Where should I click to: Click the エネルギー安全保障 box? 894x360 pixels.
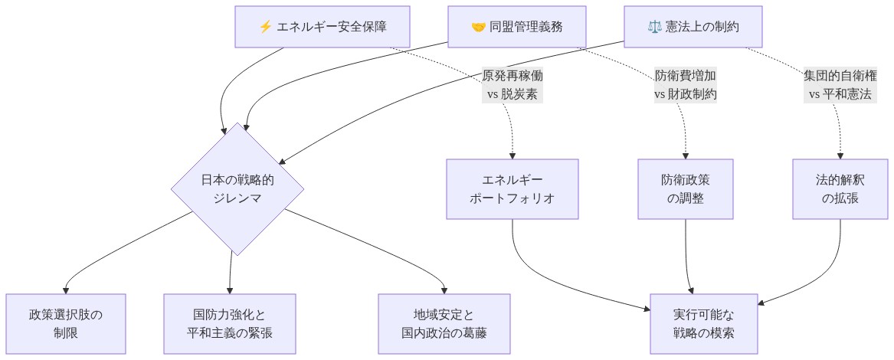(x=323, y=27)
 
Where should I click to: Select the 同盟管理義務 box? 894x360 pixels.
(x=517, y=27)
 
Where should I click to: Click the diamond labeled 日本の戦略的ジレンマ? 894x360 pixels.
(x=237, y=189)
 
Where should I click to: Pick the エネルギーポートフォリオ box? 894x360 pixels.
(x=512, y=189)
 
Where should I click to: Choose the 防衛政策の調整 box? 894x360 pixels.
(x=686, y=189)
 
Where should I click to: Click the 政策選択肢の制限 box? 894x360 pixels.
(x=66, y=324)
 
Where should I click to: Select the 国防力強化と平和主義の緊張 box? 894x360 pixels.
(x=230, y=324)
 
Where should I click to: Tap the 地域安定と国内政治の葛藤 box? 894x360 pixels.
(x=444, y=324)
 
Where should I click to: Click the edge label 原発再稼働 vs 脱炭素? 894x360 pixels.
(x=512, y=86)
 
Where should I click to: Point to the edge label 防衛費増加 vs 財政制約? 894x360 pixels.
(x=686, y=86)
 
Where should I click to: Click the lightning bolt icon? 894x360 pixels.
(x=266, y=27)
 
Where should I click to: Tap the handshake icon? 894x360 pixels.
(x=478, y=27)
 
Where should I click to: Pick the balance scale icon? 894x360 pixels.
(x=654, y=27)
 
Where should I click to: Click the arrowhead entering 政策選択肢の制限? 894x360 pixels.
(x=66, y=290)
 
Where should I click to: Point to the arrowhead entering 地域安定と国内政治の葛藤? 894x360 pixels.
(x=444, y=290)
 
